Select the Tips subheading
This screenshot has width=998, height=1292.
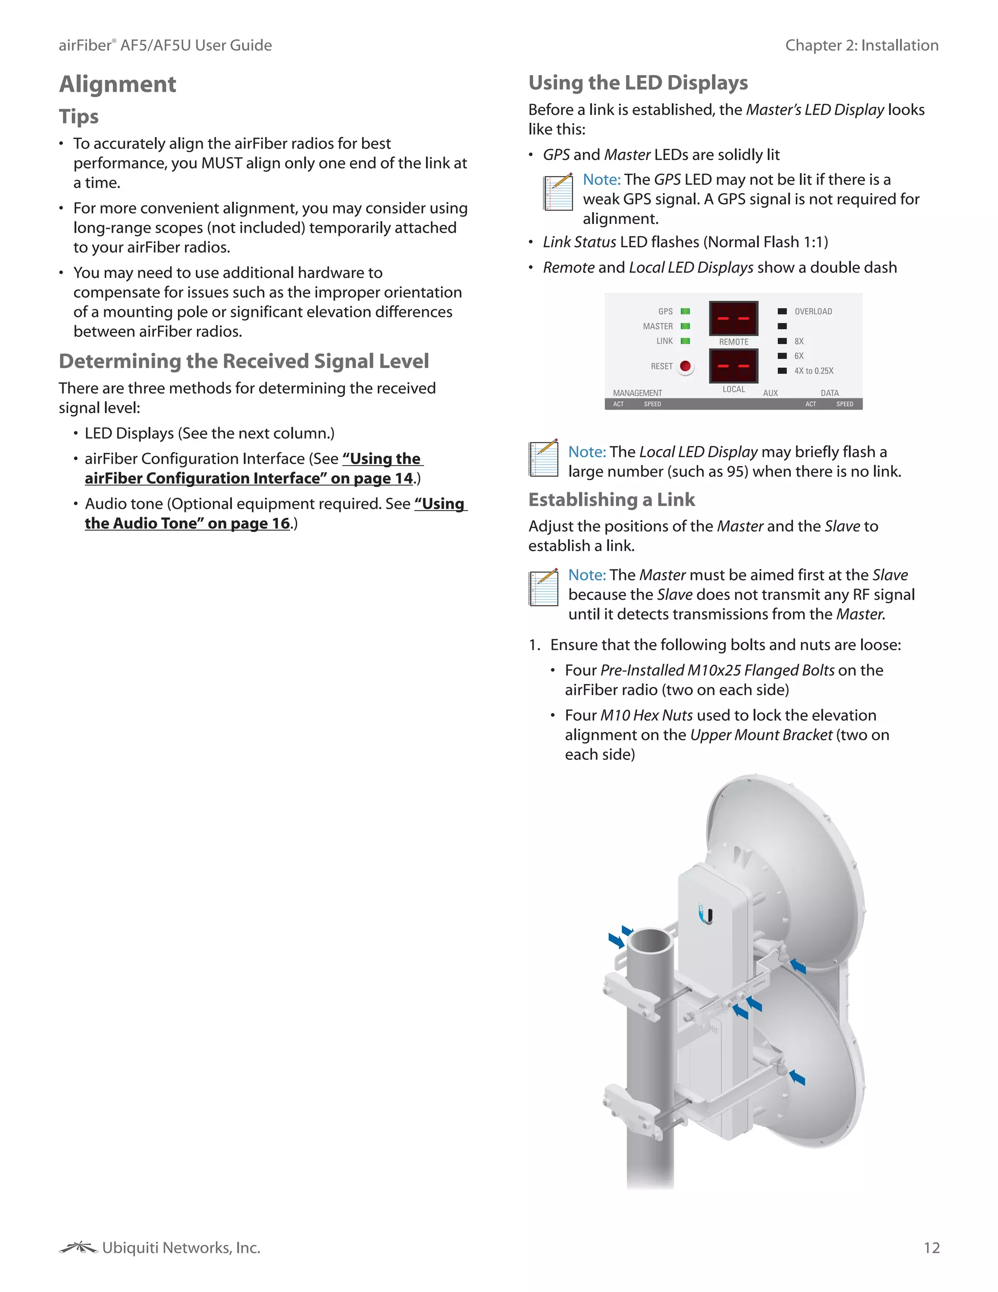(x=78, y=117)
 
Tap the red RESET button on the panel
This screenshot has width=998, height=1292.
(x=685, y=366)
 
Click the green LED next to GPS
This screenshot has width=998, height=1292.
(x=685, y=311)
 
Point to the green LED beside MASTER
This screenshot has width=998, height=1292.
(x=685, y=326)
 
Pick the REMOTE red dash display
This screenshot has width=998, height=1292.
(x=733, y=318)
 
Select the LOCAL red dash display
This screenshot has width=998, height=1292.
(x=733, y=366)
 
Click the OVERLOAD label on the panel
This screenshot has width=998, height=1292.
(x=813, y=311)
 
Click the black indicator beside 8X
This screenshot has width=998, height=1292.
(x=782, y=341)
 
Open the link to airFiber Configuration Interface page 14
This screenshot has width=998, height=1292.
(x=254, y=469)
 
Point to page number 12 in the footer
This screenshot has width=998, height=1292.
(x=931, y=1248)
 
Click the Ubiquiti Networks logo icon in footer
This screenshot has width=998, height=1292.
(x=77, y=1248)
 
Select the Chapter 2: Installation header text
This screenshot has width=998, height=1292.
(x=862, y=45)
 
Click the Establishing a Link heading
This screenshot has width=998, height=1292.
(x=612, y=500)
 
